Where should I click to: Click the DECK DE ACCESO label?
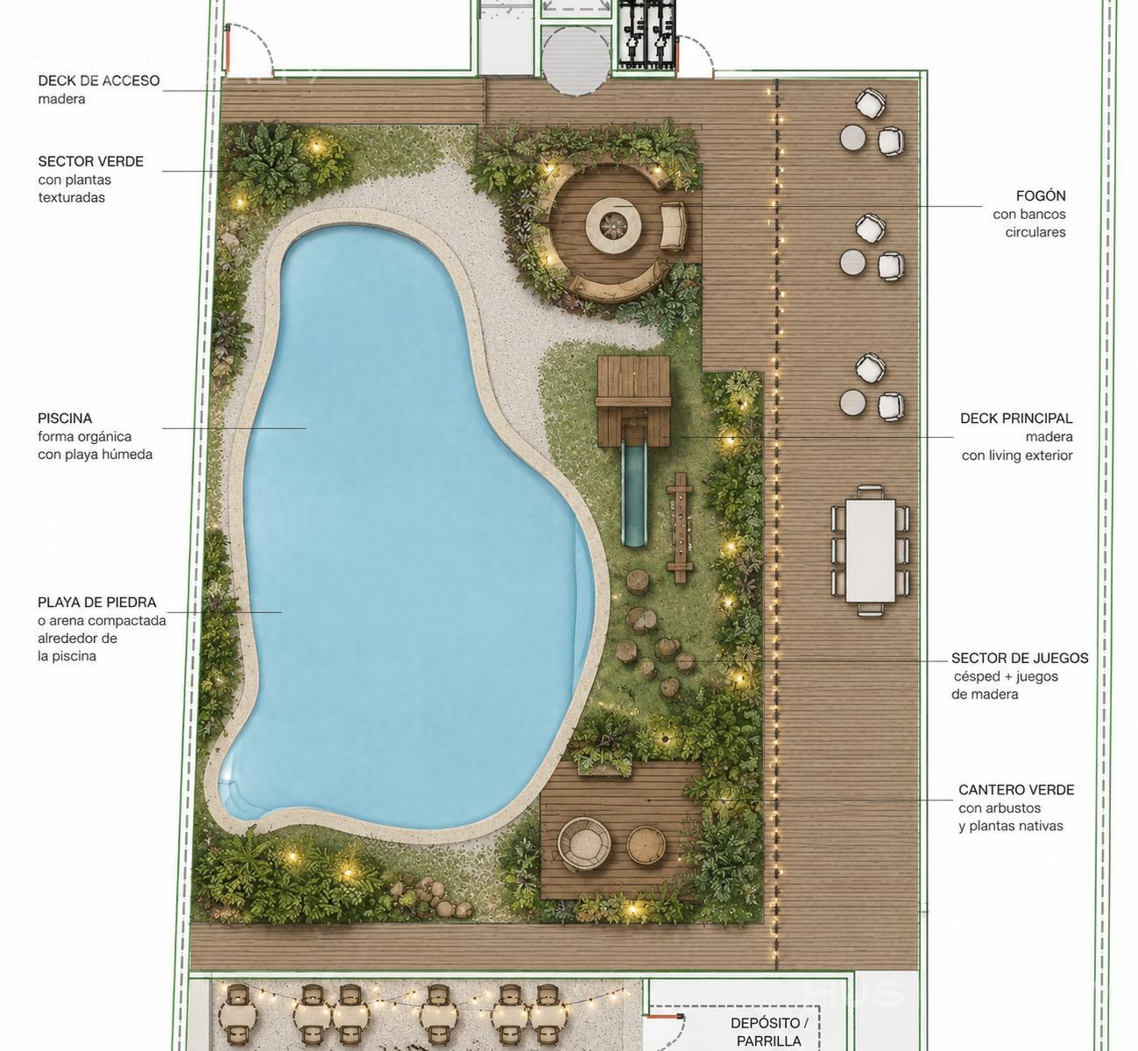coord(99,81)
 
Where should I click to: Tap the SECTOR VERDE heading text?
coord(90,162)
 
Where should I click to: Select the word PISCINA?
coord(65,419)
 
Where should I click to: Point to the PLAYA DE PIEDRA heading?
coord(97,603)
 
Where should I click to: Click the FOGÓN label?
coord(1041,195)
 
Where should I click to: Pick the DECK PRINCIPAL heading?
coord(1016,419)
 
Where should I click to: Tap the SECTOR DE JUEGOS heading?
coord(1020,658)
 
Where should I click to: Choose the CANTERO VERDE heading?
coord(1016,790)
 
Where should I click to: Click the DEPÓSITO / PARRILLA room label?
coord(769,1032)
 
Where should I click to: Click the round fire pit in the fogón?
coord(613,225)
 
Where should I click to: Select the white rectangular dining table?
coord(870,551)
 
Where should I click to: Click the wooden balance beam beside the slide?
coord(680,528)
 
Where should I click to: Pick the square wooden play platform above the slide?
coord(633,401)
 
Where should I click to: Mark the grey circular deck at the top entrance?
coord(576,61)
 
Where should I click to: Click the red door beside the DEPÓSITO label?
coord(663,1017)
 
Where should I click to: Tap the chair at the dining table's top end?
coord(871,492)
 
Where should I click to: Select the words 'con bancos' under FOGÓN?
coord(1029,215)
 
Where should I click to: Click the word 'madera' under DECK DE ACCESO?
coord(62,99)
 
